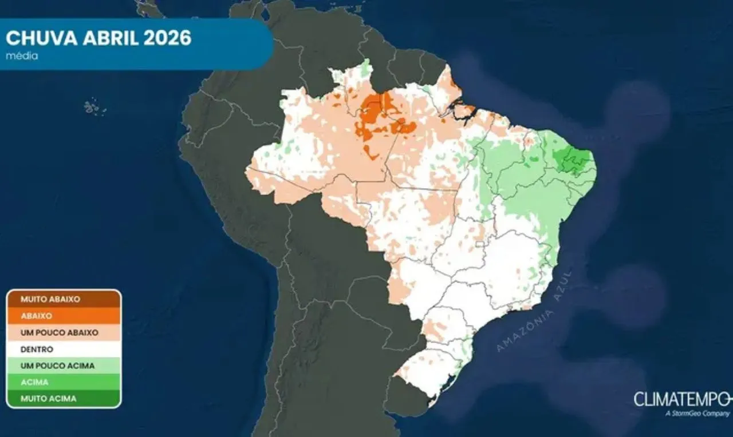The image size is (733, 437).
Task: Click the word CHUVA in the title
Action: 42,38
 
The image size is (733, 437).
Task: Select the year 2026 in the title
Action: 168,38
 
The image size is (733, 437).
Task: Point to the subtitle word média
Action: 22,56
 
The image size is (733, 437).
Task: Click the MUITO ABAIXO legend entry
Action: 50,299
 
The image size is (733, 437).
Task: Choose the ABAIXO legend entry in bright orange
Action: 37,316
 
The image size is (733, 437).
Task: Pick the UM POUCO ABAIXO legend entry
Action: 59,332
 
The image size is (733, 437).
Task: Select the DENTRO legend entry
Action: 37,349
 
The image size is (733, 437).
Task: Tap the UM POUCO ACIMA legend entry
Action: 57,366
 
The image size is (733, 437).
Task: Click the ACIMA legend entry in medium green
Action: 34,382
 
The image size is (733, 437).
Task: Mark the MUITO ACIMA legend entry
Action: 48,399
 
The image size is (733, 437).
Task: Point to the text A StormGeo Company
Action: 697,413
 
